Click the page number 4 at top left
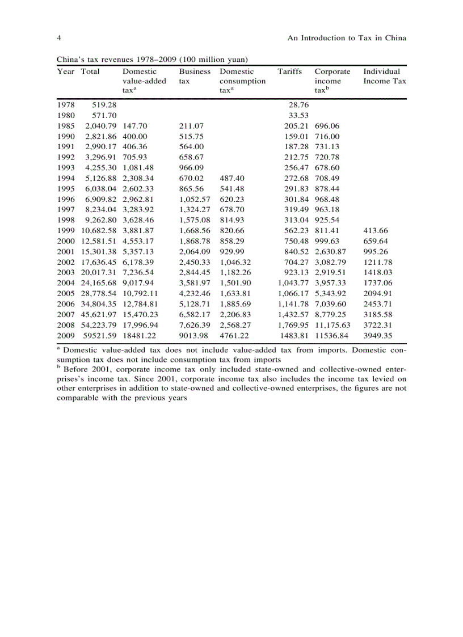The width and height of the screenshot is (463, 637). coord(59,38)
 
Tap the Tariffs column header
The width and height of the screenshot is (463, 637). coord(289,71)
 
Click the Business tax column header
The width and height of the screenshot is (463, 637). coord(195,76)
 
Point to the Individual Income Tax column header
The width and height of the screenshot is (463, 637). coord(385,76)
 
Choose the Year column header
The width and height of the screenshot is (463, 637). coord(65,71)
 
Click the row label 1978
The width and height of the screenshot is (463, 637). coord(66,105)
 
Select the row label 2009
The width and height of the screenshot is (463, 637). coord(66,335)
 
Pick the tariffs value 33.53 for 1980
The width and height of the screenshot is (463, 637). coord(298,116)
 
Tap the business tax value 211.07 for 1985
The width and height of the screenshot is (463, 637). coord(191,126)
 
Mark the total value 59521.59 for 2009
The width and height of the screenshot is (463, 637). coord(99,335)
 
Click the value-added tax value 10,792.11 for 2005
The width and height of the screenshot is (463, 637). coord(141,293)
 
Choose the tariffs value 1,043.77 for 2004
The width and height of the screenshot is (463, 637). coord(293,283)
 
